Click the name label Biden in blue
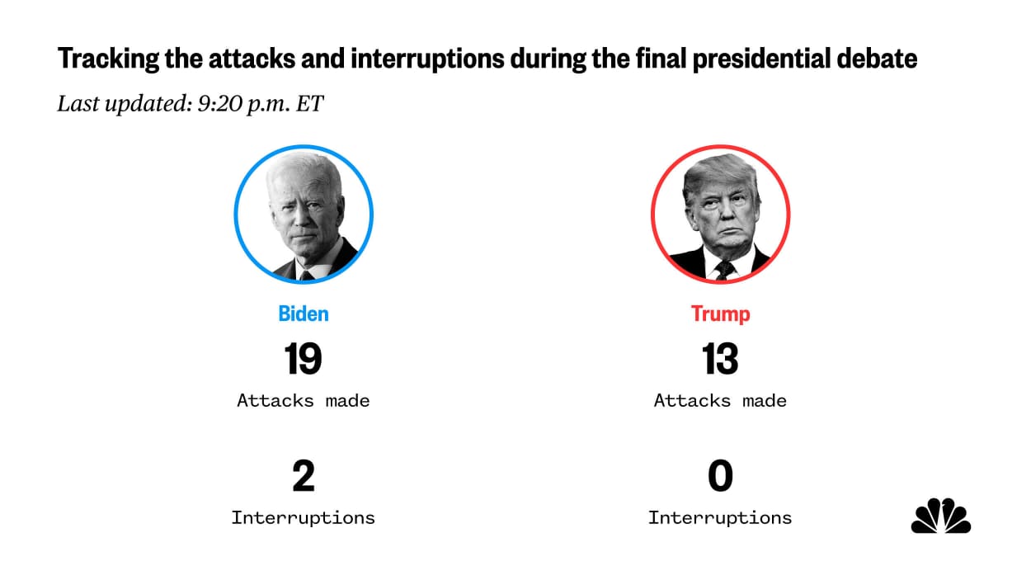pyautogui.click(x=303, y=314)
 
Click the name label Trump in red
pyautogui.click(x=720, y=314)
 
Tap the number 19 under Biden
pyautogui.click(x=303, y=359)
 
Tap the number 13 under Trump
pyautogui.click(x=720, y=359)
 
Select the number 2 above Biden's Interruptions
pyautogui.click(x=303, y=477)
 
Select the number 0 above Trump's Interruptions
pyautogui.click(x=720, y=477)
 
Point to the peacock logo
pyautogui.click(x=941, y=516)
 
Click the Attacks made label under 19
pyautogui.click(x=303, y=401)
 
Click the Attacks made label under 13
pyautogui.click(x=720, y=401)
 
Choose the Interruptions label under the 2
pyautogui.click(x=303, y=518)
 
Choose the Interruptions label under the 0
pyautogui.click(x=720, y=518)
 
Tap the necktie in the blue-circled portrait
pyautogui.click(x=307, y=273)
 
